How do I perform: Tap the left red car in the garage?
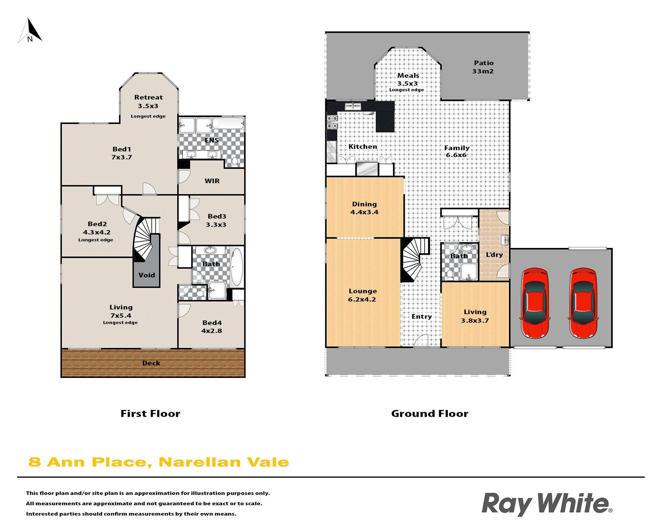click(535, 303)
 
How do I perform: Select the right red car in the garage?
click(583, 303)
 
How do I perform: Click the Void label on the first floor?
click(147, 275)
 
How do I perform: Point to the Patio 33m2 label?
click(483, 67)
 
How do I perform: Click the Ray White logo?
click(547, 504)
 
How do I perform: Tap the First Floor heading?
click(150, 414)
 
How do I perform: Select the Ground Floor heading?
click(430, 414)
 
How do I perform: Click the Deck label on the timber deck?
click(151, 363)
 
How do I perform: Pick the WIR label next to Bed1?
click(212, 181)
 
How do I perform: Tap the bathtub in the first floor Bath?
click(237, 267)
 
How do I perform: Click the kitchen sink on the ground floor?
click(353, 106)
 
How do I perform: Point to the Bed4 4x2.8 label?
click(212, 327)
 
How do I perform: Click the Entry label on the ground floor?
click(422, 317)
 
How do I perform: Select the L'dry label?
click(494, 255)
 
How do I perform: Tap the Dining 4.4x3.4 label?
click(364, 208)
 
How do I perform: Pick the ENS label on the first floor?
click(211, 140)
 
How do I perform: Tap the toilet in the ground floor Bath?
click(450, 274)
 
